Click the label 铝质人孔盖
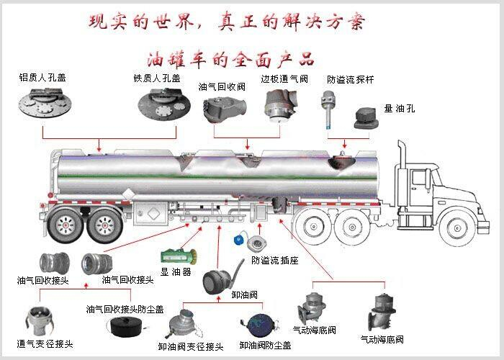(42, 78)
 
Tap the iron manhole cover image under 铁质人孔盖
(164, 104)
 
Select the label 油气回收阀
(222, 87)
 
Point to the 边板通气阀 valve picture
(281, 106)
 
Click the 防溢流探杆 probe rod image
(328, 109)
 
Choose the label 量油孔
(399, 108)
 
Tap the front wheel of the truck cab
(456, 228)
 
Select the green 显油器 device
(179, 256)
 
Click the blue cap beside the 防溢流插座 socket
(239, 240)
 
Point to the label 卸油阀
(244, 294)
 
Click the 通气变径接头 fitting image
(38, 321)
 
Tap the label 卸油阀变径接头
(191, 346)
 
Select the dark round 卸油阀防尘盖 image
(261, 324)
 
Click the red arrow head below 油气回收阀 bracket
(247, 147)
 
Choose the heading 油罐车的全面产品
(230, 60)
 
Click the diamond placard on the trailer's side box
(153, 213)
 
